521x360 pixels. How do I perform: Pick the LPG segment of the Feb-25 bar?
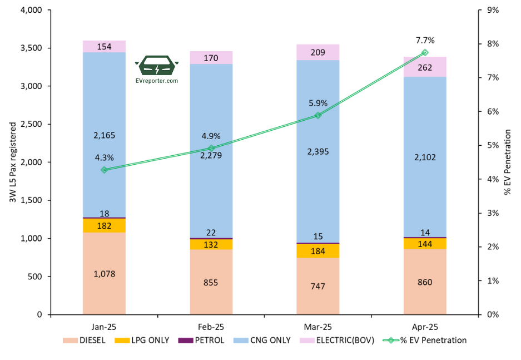[x=211, y=244]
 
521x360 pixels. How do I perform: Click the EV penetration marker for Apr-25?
[x=425, y=52]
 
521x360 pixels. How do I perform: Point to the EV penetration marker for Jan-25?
[x=104, y=170]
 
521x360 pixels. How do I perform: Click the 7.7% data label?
[x=425, y=40]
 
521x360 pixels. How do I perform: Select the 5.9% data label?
[x=317, y=103]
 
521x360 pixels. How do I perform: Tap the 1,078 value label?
[x=104, y=274]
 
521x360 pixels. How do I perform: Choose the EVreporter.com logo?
[x=157, y=70]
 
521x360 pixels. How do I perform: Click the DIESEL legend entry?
[x=84, y=340]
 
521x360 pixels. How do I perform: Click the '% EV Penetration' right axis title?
[x=507, y=162]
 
